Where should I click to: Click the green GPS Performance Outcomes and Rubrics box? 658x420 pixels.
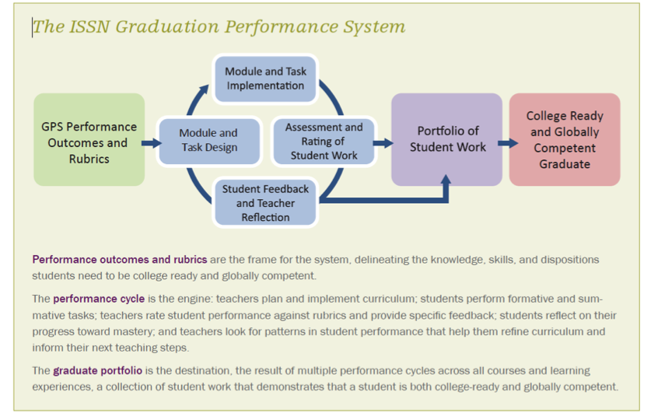[x=89, y=140]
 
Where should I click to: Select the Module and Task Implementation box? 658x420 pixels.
[x=265, y=79]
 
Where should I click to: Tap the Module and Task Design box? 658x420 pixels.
[x=209, y=141]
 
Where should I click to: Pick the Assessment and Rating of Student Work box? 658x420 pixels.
[x=324, y=141]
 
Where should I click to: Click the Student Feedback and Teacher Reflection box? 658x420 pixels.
[x=265, y=203]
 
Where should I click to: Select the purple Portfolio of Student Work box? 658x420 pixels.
[x=447, y=139]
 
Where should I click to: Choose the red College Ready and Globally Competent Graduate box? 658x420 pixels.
[x=565, y=139]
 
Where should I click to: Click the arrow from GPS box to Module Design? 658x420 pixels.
[x=152, y=143]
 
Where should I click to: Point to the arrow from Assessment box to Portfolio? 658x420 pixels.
[x=383, y=143]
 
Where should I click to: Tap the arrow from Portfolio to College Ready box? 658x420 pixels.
[x=508, y=143]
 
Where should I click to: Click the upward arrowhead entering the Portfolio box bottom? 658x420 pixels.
[x=446, y=180]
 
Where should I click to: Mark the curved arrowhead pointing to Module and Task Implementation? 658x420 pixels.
[x=205, y=89]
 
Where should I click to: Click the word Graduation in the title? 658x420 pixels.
[x=167, y=26]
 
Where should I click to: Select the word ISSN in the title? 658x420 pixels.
[x=89, y=26]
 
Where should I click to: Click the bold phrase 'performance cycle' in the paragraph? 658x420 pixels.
[x=99, y=299]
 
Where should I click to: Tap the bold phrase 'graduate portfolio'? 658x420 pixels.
[x=97, y=371]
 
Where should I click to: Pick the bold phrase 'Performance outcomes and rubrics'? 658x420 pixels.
[x=120, y=259]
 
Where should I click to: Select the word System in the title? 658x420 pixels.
[x=374, y=27]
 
